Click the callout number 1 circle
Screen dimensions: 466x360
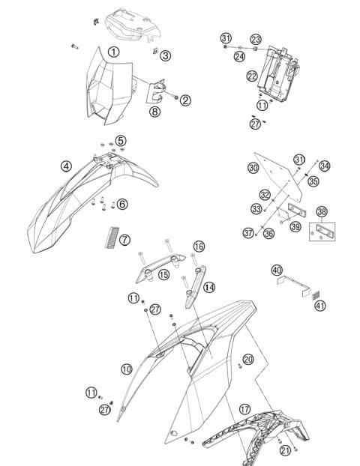coord(112,52)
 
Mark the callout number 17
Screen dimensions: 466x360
coord(244,409)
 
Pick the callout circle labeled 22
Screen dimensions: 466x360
coord(253,75)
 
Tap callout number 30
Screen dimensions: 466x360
coord(253,168)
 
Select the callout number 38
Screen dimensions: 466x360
coord(322,212)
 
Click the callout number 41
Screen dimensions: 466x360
coord(320,305)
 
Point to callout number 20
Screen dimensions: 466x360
coord(248,360)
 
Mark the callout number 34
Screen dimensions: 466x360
coord(324,166)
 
